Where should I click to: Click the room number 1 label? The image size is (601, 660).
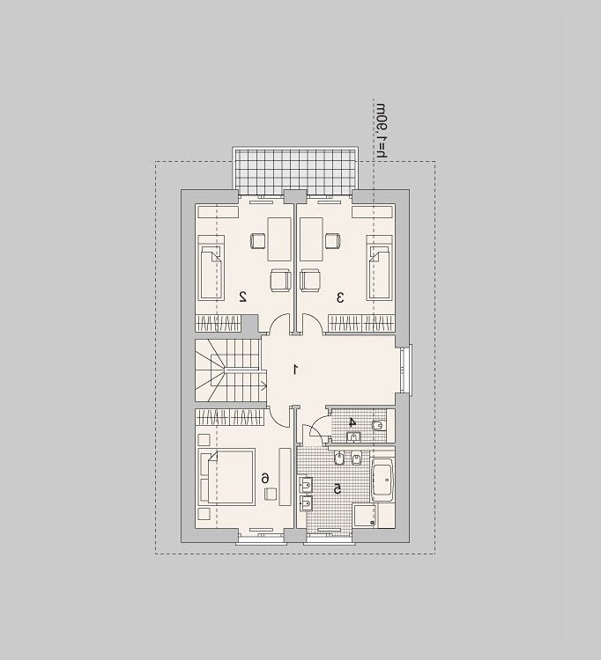[x=296, y=370]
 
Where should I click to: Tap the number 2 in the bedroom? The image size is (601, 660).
[x=242, y=297]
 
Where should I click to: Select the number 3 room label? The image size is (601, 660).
[x=340, y=297]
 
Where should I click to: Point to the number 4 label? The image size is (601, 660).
[x=352, y=422]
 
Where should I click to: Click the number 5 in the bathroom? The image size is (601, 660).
[x=338, y=488]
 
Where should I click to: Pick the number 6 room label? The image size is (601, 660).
[x=264, y=478]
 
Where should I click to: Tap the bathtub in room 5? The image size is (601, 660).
[x=382, y=480]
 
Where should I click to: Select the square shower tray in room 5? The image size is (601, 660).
[x=365, y=516]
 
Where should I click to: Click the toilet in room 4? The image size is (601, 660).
[x=378, y=426]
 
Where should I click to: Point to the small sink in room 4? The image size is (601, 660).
[x=353, y=436]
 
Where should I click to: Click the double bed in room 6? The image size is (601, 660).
[x=227, y=477]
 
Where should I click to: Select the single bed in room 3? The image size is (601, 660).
[x=380, y=268]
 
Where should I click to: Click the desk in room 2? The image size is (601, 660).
[x=279, y=239]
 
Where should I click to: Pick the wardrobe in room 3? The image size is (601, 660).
[x=361, y=323]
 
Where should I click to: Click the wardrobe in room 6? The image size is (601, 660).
[x=229, y=417]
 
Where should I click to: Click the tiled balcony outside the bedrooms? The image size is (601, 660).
[x=295, y=172]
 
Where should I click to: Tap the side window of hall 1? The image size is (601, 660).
[x=406, y=370]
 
